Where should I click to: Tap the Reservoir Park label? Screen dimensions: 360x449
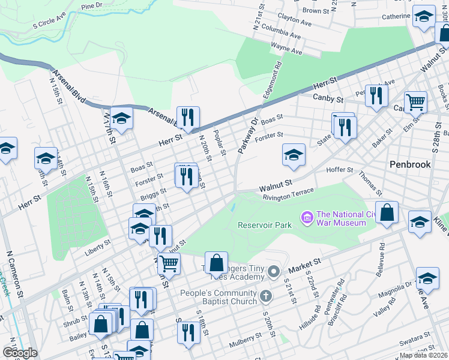coord(264,225)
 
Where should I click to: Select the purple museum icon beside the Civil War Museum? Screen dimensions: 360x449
coord(307,216)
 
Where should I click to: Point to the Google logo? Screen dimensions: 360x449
coord(20,352)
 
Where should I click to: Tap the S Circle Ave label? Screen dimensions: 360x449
coord(52,25)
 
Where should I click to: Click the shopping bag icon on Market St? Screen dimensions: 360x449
coord(216,262)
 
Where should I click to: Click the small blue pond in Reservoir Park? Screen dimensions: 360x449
coord(232,208)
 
